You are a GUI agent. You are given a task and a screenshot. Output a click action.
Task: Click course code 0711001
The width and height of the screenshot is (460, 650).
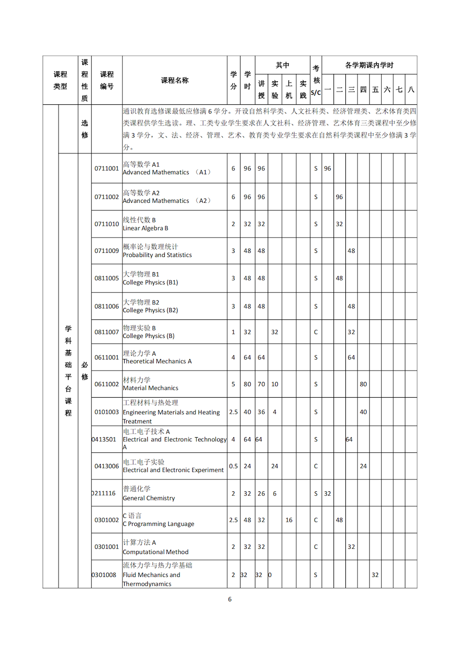pos(107,169)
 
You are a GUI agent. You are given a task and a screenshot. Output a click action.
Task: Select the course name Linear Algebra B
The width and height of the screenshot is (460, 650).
pos(145,224)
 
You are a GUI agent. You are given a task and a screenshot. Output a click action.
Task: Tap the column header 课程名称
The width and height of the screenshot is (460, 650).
pos(175,80)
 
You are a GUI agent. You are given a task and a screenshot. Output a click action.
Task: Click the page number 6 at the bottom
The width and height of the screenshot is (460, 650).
pos(230,599)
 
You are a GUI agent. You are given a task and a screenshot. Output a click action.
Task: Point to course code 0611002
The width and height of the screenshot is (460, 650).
pos(107,384)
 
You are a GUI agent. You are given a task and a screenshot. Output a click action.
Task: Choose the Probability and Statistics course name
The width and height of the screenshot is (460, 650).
pos(157,251)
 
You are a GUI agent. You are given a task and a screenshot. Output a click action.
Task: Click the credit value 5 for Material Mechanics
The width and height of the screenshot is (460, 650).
pos(233,384)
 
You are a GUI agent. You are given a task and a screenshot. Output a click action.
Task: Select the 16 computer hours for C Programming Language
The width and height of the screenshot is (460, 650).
pos(289,520)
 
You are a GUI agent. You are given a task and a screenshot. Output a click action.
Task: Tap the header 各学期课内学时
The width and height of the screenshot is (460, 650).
pos(369,65)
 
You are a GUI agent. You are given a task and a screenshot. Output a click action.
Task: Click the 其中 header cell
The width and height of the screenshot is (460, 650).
pos(282,65)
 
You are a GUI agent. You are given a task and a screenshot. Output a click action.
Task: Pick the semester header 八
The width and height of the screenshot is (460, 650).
pos(411,90)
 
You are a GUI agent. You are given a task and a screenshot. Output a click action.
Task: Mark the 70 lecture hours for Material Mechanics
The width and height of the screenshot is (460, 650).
pos(261,384)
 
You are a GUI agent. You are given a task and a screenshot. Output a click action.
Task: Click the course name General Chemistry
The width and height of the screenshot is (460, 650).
pos(149,494)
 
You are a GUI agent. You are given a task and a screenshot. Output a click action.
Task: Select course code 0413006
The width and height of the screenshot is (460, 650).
pos(107,466)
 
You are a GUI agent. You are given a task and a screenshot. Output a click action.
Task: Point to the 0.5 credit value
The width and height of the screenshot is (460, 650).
pos(233,466)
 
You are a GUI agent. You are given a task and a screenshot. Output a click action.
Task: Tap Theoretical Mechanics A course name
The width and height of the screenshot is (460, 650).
pos(157,358)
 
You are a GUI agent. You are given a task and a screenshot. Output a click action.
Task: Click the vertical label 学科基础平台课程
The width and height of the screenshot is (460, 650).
pos(68,371)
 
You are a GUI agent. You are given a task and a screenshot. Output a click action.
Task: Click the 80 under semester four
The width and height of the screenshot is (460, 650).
pos(363,384)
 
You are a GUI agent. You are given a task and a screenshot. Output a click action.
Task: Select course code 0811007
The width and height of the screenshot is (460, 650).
pos(107,332)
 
